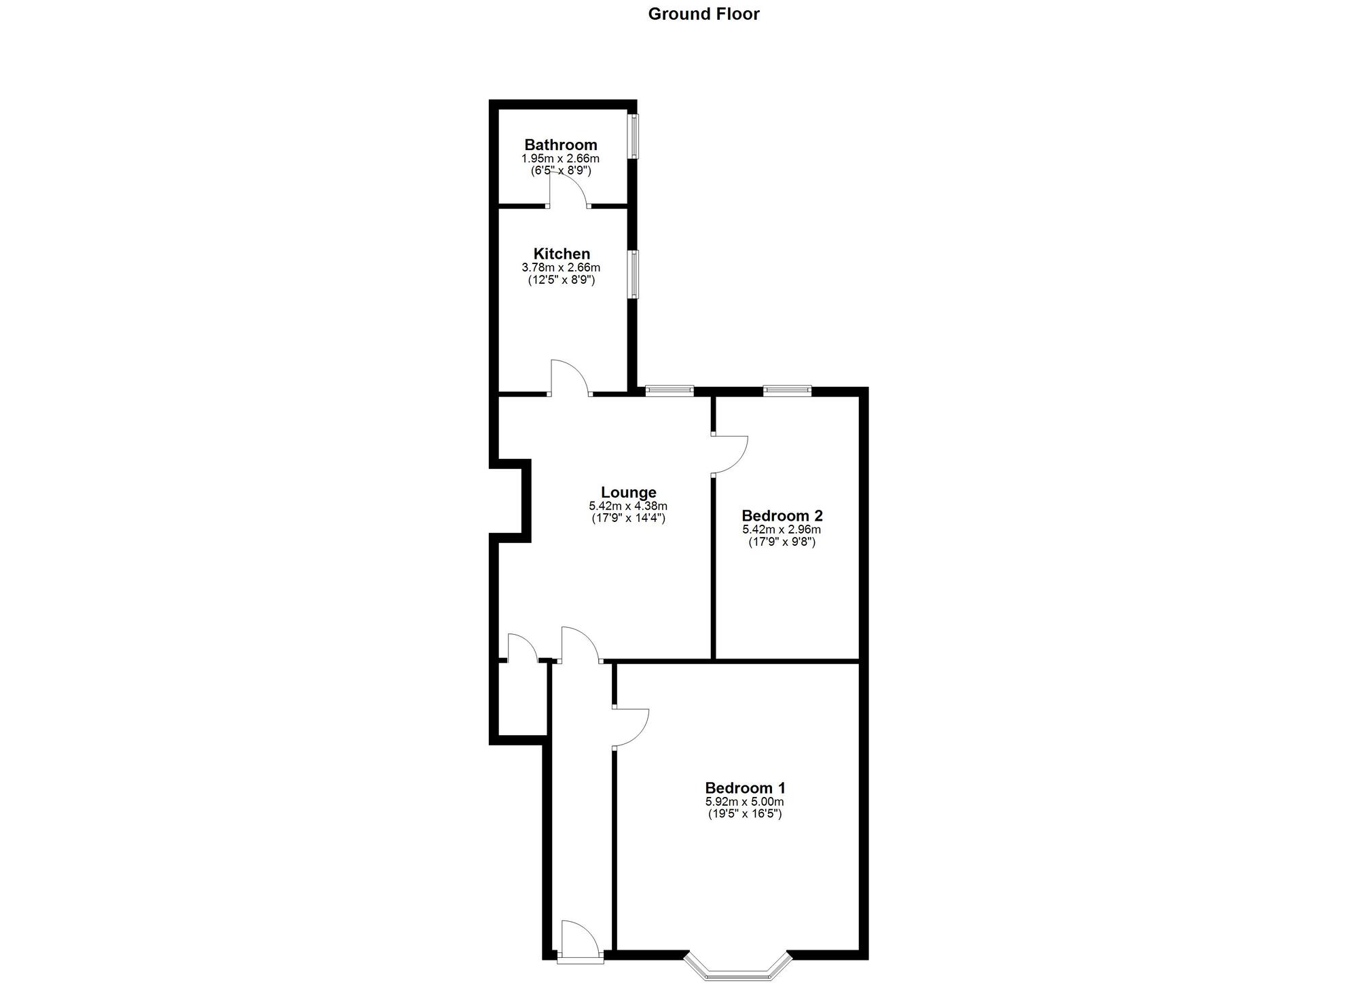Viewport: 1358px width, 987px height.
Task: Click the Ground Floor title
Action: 703,14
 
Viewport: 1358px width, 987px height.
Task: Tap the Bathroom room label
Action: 561,145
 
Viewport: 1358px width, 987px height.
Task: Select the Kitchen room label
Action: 562,254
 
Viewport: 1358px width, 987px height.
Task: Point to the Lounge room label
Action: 628,492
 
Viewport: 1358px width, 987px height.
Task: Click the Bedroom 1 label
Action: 745,788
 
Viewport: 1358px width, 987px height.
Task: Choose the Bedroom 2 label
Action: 782,516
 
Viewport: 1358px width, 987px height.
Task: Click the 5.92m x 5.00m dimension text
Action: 745,802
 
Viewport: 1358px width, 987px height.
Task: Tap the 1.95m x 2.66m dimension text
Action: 561,159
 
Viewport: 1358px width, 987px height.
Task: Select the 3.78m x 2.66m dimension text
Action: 562,267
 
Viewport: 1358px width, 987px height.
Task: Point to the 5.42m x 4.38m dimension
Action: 628,506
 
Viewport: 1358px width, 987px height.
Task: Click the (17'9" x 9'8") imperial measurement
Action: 782,542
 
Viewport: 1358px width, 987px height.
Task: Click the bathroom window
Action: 634,136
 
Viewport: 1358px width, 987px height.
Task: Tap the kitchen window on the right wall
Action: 634,274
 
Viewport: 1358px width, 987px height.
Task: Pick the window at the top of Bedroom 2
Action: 787,390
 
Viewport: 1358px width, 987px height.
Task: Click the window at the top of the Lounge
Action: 669,390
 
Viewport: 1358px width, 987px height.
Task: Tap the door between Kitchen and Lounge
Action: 569,379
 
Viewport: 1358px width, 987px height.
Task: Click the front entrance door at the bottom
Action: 579,943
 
